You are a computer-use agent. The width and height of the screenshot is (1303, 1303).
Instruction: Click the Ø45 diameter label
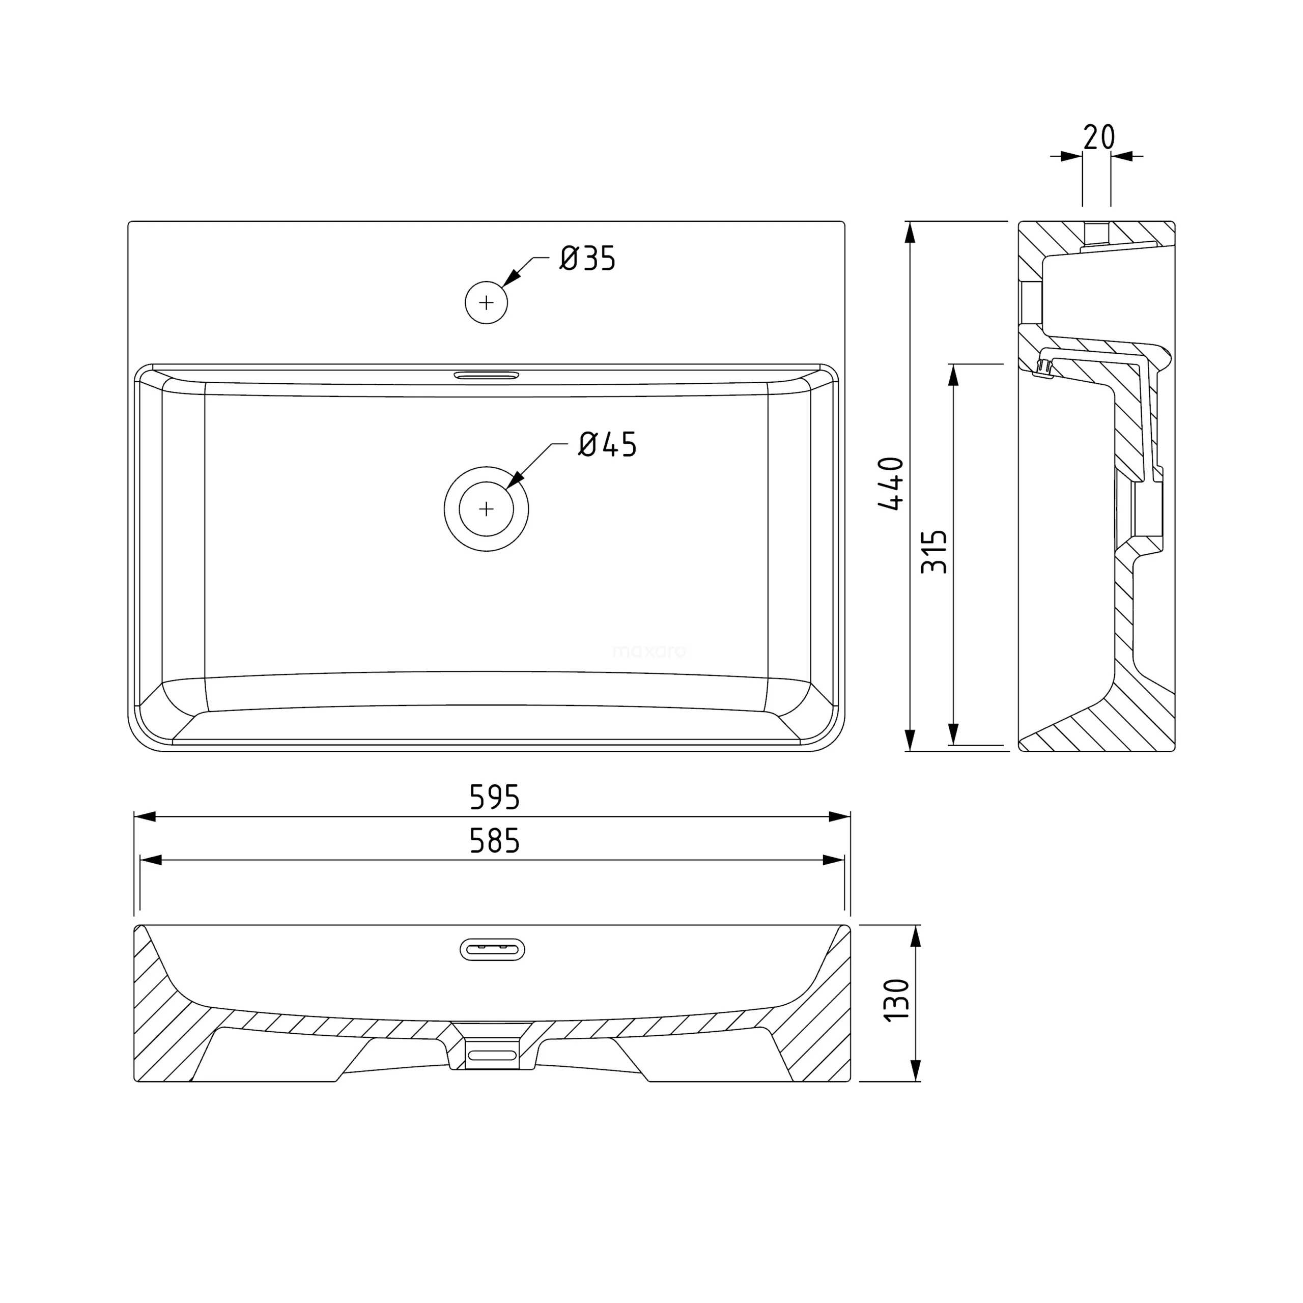click(607, 444)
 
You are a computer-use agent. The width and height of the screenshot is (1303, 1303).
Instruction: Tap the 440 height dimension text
click(892, 484)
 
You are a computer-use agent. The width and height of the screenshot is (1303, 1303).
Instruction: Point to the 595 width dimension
click(494, 797)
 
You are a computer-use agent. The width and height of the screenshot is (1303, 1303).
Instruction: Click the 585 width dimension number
click(494, 841)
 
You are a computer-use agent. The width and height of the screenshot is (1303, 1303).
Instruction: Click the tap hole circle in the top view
click(486, 303)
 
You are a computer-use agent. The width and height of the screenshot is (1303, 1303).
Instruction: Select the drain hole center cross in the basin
click(486, 508)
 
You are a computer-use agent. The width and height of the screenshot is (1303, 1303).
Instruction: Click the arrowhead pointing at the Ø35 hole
click(512, 278)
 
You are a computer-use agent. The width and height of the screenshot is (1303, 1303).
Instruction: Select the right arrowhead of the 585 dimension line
click(834, 860)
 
